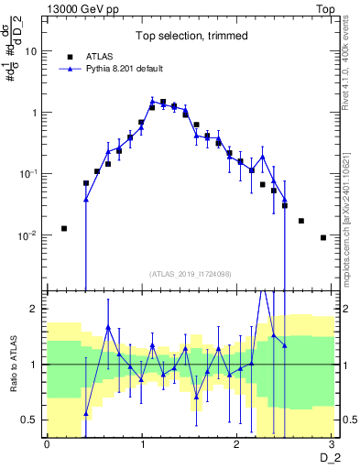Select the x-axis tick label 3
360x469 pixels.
(x=332, y=444)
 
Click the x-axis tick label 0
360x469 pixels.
(x=47, y=444)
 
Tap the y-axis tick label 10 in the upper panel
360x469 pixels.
(x=30, y=51)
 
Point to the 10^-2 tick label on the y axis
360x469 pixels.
(x=27, y=234)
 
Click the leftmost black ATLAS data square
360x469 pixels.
(x=64, y=228)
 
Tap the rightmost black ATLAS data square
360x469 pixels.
(x=322, y=237)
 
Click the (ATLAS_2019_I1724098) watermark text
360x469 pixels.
(x=188, y=273)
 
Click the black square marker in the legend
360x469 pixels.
(x=69, y=56)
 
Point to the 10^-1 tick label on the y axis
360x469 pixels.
(x=27, y=173)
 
